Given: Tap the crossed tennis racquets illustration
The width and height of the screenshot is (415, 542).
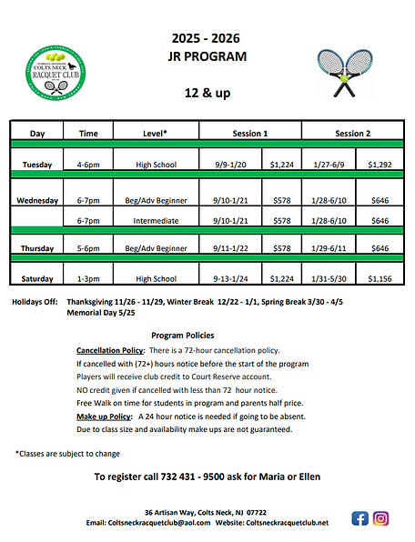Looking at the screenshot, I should coord(344,72).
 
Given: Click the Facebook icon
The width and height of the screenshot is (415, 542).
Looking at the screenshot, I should coord(359,518).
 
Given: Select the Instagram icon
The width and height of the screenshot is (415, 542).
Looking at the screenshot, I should coord(381,518).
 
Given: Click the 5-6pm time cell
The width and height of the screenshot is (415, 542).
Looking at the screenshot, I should coord(88,248).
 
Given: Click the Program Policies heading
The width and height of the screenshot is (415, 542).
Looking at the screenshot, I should coord(182,335).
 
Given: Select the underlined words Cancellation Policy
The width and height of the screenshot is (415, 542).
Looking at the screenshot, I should coord(111,350).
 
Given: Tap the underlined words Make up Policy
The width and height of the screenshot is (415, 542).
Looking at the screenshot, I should coord(104,415).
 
